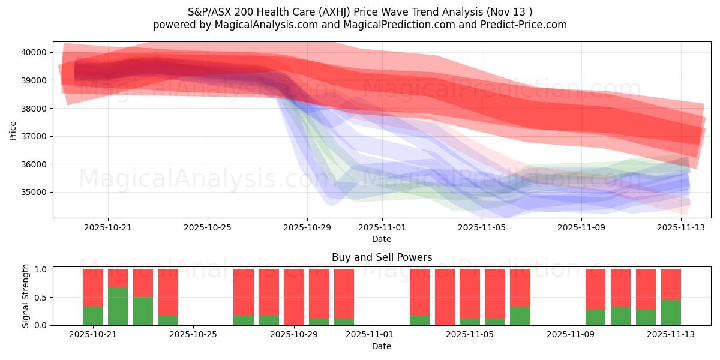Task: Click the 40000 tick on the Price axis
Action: click(34, 52)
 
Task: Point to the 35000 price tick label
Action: click(34, 193)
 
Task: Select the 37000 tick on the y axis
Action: click(34, 136)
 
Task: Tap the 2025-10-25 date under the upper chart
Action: click(208, 227)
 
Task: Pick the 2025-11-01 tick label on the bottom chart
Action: click(370, 335)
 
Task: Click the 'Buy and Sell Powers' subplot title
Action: click(382, 257)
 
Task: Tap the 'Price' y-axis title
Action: click(13, 130)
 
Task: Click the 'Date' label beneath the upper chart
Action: click(382, 239)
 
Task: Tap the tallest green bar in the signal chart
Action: click(118, 306)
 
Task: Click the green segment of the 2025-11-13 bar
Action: click(671, 313)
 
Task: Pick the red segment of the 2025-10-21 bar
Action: click(93, 287)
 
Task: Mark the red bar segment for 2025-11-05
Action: click(470, 293)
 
